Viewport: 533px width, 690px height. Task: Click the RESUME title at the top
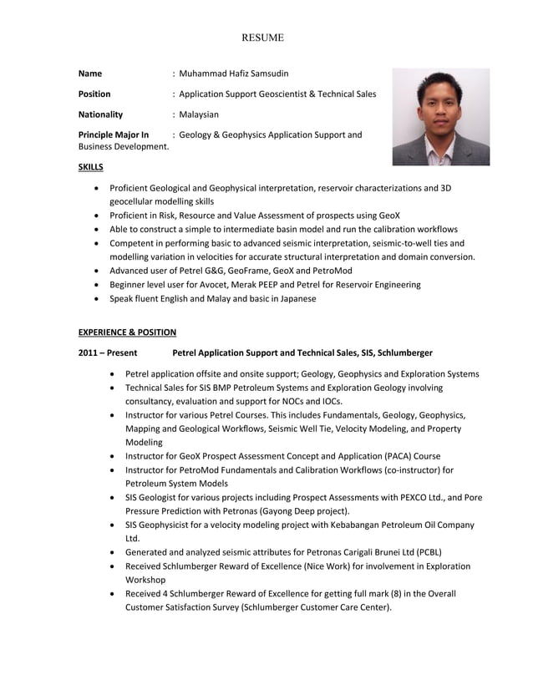tap(263, 38)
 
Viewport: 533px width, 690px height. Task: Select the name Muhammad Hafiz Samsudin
tap(233, 74)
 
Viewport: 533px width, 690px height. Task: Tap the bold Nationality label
tap(100, 114)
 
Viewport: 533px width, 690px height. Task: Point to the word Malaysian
tap(198, 114)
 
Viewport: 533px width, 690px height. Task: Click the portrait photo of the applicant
tap(441, 117)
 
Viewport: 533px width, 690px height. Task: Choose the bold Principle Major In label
tap(114, 134)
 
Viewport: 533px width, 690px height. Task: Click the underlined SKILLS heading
tap(91, 167)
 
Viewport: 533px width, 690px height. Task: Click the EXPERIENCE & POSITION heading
tap(127, 332)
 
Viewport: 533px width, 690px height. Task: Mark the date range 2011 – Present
tap(108, 353)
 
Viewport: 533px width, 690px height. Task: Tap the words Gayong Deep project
tap(307, 510)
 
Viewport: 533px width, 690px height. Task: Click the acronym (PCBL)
tap(427, 552)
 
